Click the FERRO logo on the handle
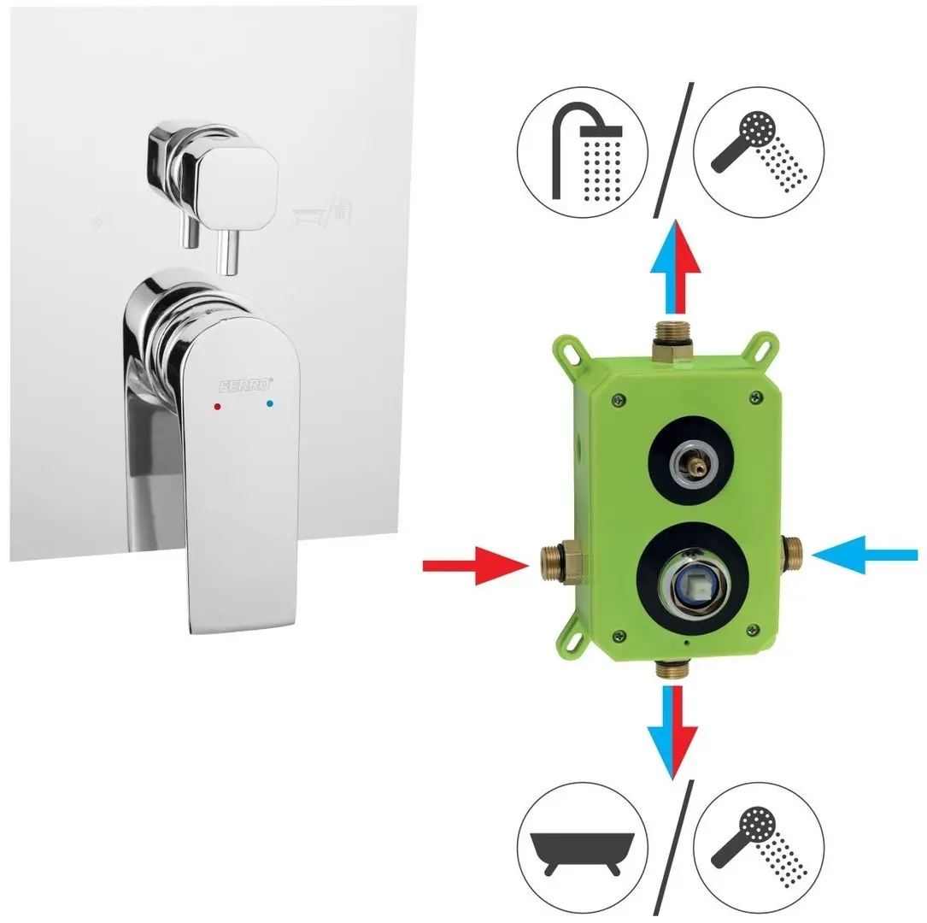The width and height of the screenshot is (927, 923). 243,384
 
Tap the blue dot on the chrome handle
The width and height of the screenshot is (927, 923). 270,402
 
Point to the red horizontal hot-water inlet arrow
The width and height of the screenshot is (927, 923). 476,565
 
